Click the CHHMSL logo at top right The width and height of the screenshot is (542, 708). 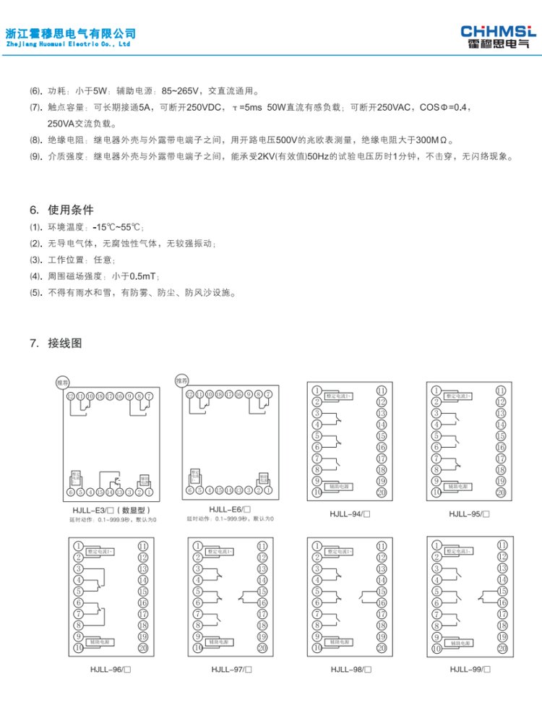pos(499,36)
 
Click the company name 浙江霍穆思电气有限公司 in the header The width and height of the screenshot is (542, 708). pos(70,33)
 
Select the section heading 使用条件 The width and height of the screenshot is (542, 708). pos(71,210)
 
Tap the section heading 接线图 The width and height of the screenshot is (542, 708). pos(65,342)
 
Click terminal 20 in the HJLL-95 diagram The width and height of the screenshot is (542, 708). pos(501,492)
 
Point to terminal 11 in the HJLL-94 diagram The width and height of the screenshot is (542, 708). pos(382,391)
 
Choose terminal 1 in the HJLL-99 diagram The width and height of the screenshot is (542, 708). pos(436,545)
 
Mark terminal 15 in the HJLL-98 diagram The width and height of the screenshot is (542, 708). pos(382,591)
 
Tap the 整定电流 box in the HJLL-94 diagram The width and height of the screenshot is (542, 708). pos(339,396)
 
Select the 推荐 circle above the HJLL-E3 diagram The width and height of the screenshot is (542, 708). pos(64,381)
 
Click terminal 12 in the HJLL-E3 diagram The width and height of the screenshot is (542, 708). pos(71,396)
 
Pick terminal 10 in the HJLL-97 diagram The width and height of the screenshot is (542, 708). pos(197,648)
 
